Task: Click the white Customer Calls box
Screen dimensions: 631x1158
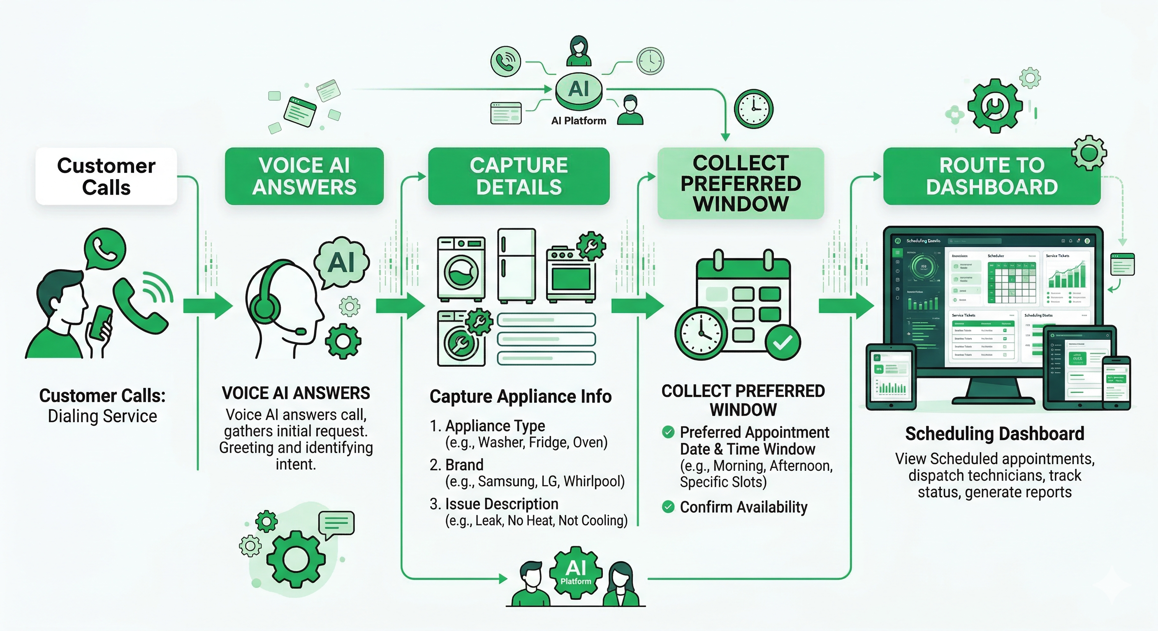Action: coord(106,177)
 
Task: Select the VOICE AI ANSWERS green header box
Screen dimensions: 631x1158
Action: coord(304,177)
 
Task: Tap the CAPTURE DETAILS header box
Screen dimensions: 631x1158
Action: coord(519,177)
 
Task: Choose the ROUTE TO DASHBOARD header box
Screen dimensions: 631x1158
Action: coord(992,177)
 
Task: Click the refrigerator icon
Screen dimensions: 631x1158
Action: coord(516,266)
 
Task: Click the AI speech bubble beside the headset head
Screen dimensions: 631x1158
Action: coord(342,263)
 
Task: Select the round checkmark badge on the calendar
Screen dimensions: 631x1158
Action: coord(783,343)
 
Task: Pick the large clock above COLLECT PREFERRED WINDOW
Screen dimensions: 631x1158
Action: coord(754,109)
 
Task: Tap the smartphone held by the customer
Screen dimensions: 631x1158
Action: coord(101,322)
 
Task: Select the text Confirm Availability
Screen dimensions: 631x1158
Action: coord(743,507)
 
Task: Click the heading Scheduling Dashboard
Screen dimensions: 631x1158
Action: coord(994,434)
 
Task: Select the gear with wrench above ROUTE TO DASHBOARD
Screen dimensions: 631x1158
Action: coord(994,106)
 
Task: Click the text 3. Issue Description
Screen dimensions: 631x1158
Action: coord(494,504)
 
